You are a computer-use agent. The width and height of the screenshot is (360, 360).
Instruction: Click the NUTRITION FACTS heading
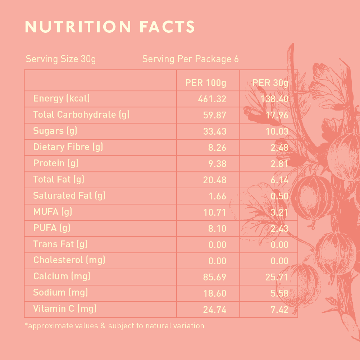pos(110,27)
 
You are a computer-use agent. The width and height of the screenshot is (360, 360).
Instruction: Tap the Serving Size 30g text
pos(61,59)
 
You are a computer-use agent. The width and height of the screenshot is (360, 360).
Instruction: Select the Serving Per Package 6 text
pos(190,59)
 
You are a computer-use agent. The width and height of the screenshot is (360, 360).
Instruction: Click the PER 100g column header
pos(206,83)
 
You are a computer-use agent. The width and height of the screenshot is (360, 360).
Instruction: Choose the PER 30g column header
pos(270,83)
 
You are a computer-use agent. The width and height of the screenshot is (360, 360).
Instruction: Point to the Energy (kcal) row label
pos(61,98)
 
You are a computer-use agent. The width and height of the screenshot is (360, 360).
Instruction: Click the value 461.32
pos(212,99)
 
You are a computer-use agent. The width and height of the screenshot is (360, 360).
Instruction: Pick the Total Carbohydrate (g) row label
pos(81,115)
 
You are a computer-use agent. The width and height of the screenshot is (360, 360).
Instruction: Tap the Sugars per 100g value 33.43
pos(215,131)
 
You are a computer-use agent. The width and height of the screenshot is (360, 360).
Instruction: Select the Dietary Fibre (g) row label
pos(68,147)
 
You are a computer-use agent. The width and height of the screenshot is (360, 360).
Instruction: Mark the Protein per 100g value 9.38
pos(217,164)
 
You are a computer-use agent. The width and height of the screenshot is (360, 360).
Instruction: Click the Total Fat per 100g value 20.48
pos(215,180)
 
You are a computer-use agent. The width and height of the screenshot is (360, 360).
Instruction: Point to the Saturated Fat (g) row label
pos(69,196)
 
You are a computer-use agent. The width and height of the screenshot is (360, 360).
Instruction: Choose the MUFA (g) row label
pos(53,212)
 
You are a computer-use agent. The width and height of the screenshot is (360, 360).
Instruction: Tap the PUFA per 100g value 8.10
pos(217,229)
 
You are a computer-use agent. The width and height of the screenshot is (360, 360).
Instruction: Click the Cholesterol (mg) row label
pos(69,260)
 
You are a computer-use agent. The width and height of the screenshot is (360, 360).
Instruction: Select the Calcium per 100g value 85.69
pos(215,277)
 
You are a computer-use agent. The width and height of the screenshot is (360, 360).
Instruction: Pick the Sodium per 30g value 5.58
pos(279,293)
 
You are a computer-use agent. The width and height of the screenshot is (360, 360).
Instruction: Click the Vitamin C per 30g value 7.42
pos(279,310)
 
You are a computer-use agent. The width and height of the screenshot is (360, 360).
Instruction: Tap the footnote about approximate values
pos(114,326)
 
